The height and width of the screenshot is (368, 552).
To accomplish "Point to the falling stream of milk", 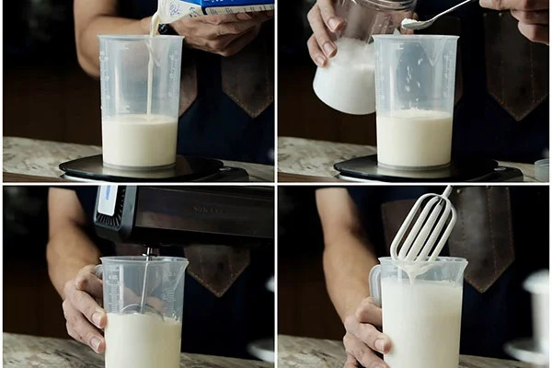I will pos(150,74).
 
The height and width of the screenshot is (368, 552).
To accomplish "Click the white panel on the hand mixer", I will pos(107,201).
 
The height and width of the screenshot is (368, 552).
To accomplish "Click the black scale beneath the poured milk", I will pos(138,169).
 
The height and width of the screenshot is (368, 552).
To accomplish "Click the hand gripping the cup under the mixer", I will pos(83,308).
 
